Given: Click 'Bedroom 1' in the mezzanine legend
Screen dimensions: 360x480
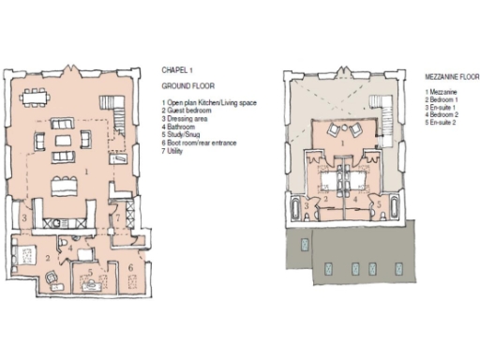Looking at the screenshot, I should (441, 99).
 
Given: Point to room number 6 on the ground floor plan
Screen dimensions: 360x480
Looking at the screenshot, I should (128, 268).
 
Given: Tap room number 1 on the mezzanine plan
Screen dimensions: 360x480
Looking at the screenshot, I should (348, 142).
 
